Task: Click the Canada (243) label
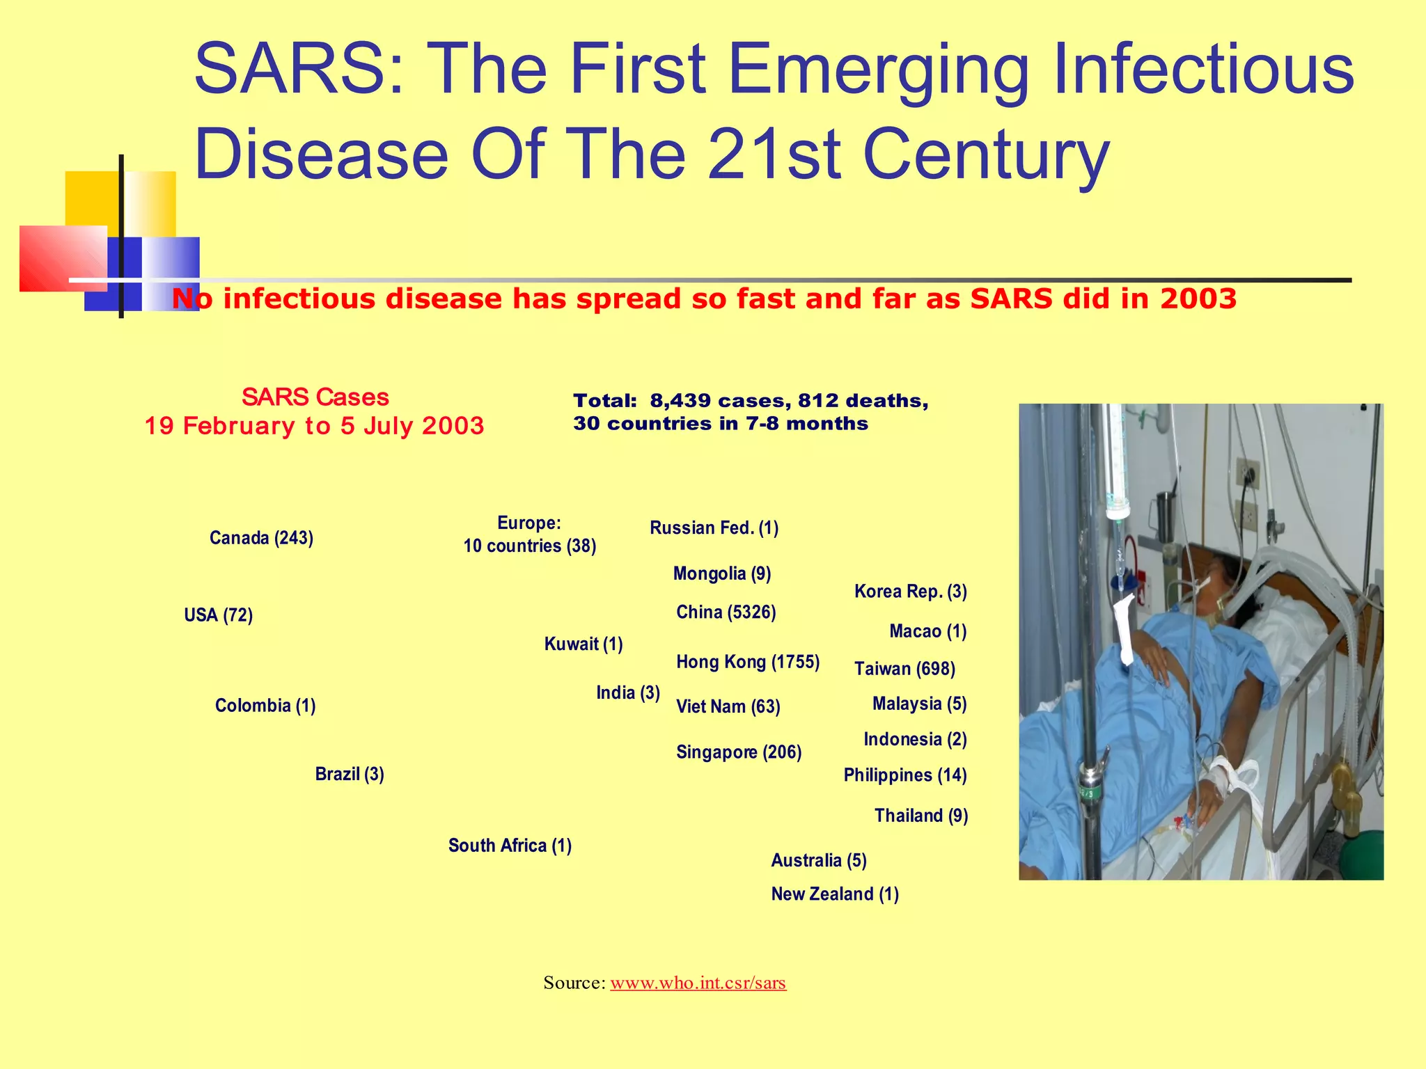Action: click(261, 538)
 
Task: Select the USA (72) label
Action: click(218, 615)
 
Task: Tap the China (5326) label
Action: click(726, 612)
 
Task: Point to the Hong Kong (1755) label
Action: click(747, 662)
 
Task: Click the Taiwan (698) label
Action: click(904, 669)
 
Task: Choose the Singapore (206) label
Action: click(738, 752)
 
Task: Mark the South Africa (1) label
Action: click(510, 846)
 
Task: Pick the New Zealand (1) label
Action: click(834, 894)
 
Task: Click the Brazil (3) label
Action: click(350, 774)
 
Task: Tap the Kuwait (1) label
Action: click(583, 644)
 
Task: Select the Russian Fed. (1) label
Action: click(714, 528)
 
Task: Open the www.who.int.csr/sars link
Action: click(698, 983)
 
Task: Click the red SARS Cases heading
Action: click(315, 397)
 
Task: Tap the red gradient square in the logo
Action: click(61, 258)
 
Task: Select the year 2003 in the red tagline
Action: click(1198, 299)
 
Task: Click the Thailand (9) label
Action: click(920, 816)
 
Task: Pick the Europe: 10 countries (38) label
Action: click(529, 534)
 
